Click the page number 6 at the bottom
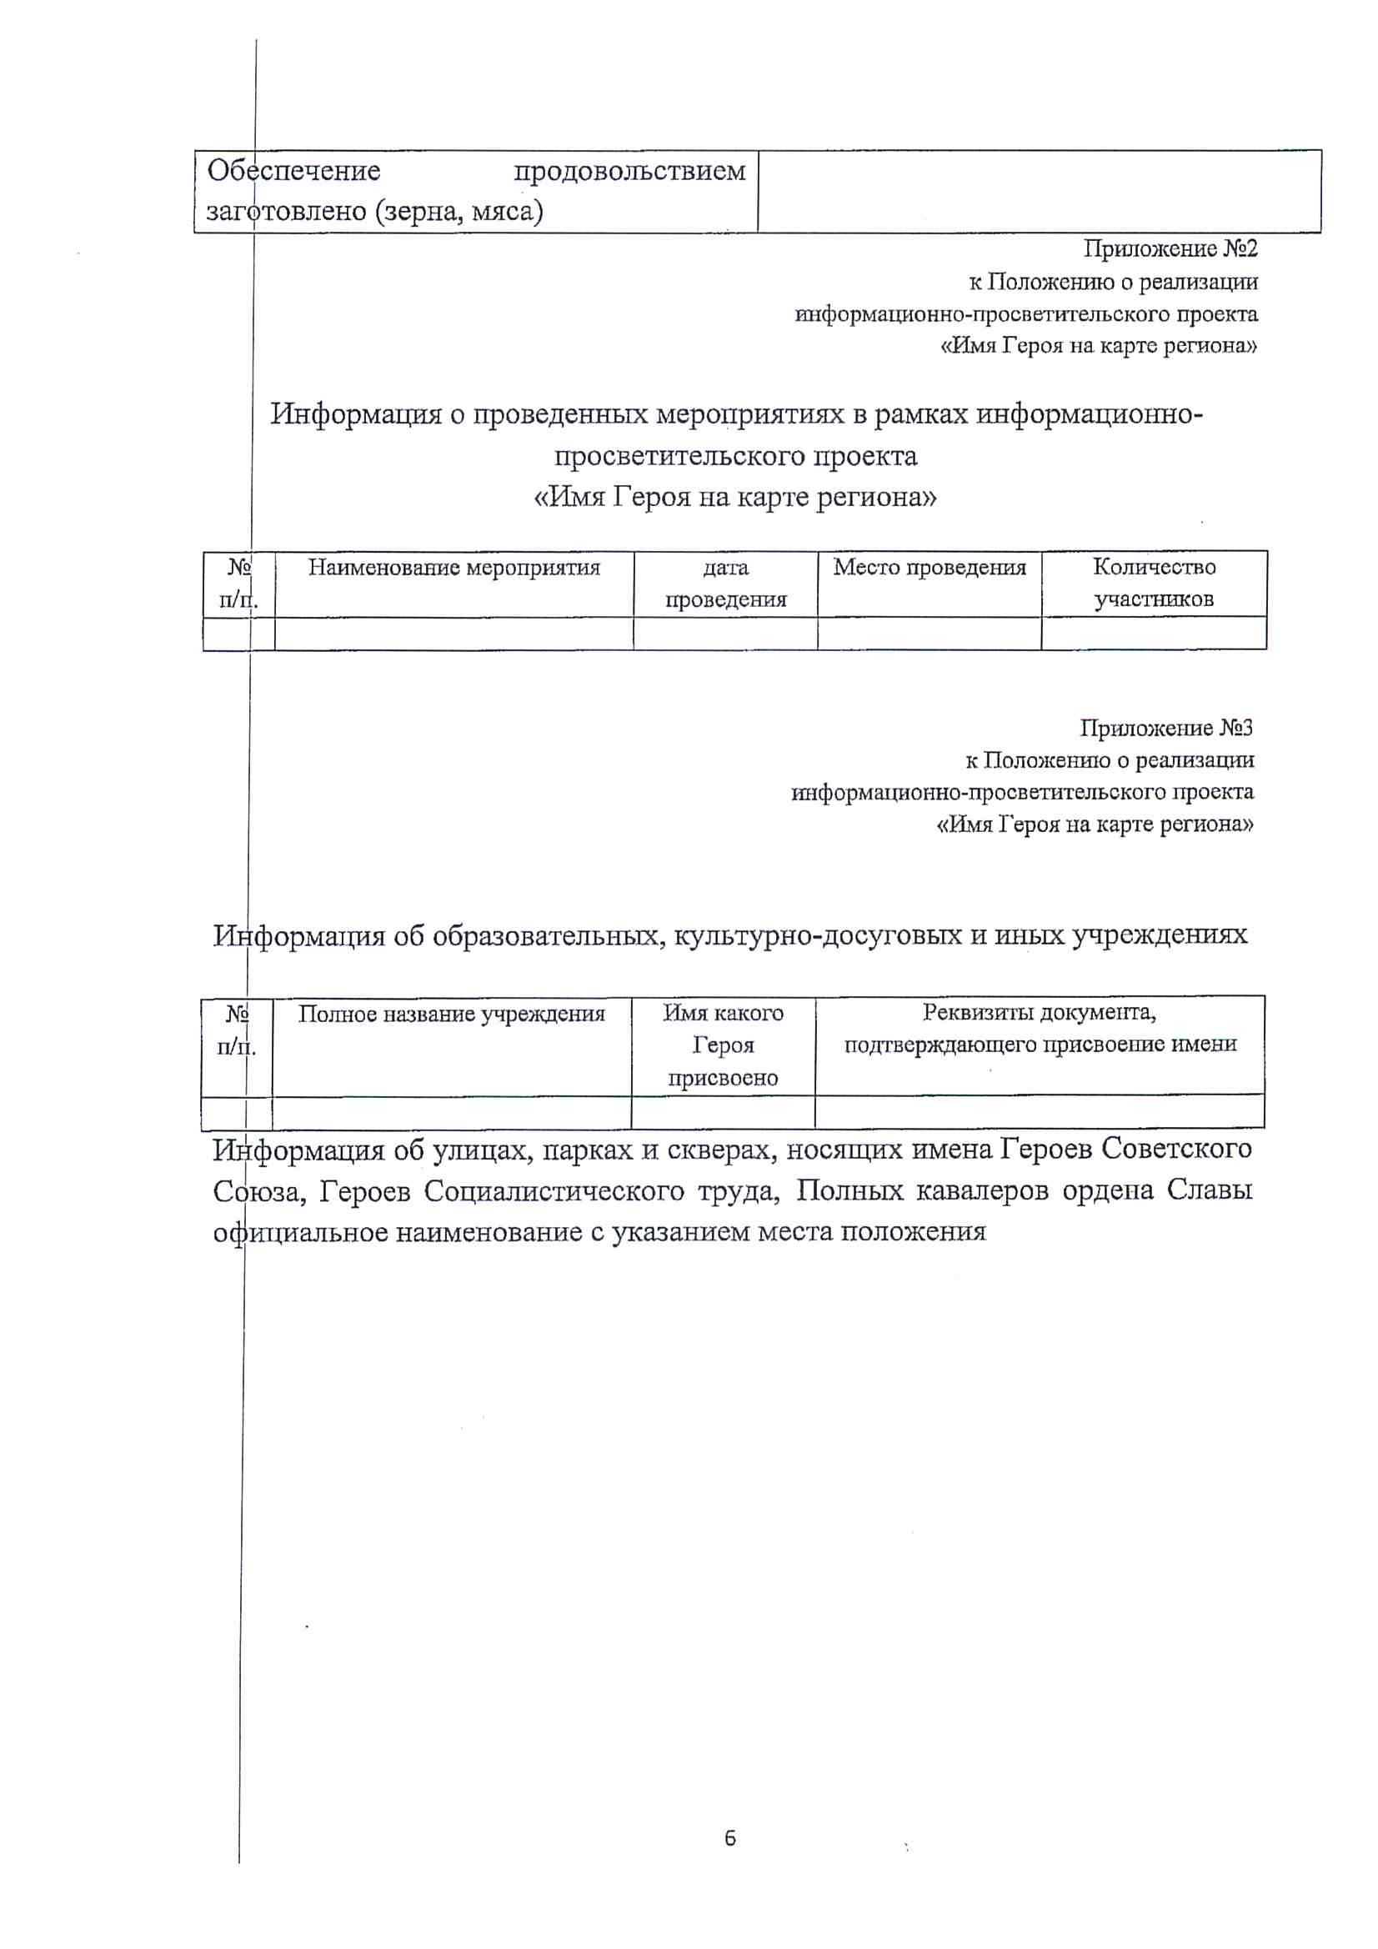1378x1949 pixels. click(730, 1839)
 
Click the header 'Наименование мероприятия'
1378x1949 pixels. click(453, 568)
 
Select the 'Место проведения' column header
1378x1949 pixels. click(929, 568)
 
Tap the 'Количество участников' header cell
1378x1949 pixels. click(1153, 584)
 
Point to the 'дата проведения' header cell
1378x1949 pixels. click(725, 584)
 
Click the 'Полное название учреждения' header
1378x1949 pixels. click(451, 1014)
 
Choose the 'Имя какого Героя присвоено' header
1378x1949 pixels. click(723, 1045)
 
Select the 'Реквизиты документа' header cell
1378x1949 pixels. click(1040, 1029)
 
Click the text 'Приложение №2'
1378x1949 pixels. click(1170, 248)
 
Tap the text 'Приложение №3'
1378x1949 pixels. click(1166, 728)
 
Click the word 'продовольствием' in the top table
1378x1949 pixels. click(629, 172)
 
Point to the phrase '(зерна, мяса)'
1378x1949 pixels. click(458, 211)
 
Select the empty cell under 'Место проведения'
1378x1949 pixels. click(929, 634)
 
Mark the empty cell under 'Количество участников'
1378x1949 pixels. click(1153, 634)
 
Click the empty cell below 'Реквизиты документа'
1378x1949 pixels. click(1040, 1111)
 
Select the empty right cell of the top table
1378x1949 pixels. click(1040, 191)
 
